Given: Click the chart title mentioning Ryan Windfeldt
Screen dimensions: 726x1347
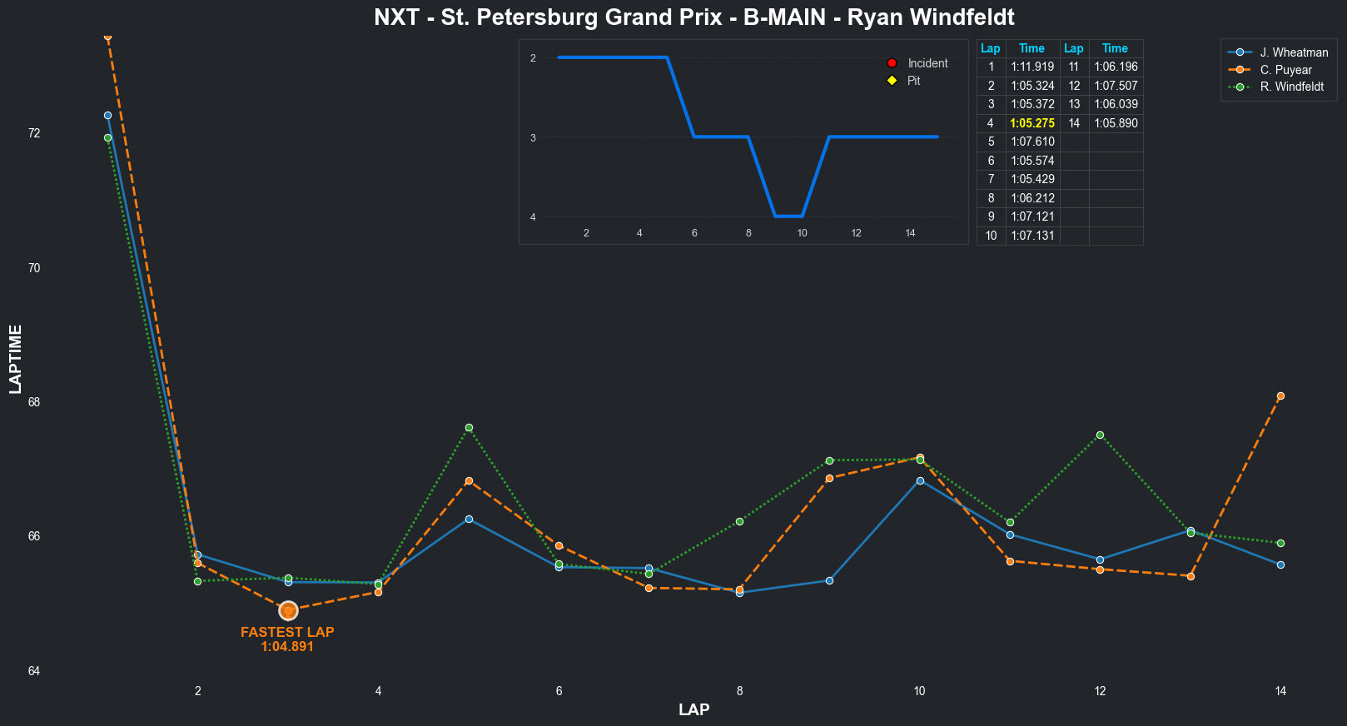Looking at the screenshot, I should (x=693, y=17).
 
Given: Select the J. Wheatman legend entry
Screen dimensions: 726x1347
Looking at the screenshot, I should (x=1294, y=52).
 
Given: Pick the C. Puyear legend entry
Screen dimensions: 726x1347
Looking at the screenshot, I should (x=1285, y=70).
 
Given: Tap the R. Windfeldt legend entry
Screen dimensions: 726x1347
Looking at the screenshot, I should (x=1291, y=87).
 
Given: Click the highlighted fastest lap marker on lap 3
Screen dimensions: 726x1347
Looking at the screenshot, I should (x=288, y=611).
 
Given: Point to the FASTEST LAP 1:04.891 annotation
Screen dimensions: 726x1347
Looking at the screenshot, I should (x=287, y=639).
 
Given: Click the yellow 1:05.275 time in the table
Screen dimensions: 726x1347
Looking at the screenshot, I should (x=1032, y=123).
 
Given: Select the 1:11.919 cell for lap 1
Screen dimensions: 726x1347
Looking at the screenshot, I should (x=1032, y=67).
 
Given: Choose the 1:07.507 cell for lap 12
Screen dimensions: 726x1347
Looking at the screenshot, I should (x=1116, y=86).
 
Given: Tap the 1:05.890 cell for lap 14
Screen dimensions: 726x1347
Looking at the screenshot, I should (x=1116, y=123).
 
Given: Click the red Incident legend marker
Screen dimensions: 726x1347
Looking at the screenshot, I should (x=892, y=63).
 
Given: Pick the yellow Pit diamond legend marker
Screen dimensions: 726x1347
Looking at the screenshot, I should (x=892, y=81).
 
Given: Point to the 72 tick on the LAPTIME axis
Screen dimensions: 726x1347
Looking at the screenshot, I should (x=34, y=133).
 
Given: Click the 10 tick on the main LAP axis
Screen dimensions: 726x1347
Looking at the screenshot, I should (x=920, y=691).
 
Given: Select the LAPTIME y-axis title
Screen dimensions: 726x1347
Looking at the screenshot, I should (x=16, y=359).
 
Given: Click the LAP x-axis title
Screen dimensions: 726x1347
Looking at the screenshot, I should (x=693, y=710).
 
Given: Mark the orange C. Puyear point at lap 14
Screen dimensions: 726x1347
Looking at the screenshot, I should (x=1280, y=396).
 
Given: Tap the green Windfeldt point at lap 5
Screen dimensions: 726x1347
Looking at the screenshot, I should (x=469, y=428).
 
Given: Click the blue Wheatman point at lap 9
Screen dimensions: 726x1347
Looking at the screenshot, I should (x=829, y=580).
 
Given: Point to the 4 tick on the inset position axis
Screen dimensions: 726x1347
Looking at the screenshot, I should (x=533, y=217).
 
